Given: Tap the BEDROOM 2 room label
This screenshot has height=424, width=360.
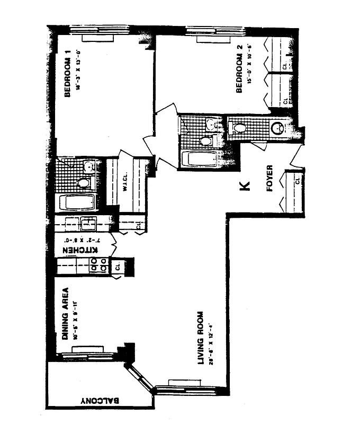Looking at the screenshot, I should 239,69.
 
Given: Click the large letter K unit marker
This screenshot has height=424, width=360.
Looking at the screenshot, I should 244,186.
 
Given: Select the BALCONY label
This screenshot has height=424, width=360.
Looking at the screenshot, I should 101,401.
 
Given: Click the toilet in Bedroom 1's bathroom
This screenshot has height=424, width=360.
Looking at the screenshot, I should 83,183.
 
